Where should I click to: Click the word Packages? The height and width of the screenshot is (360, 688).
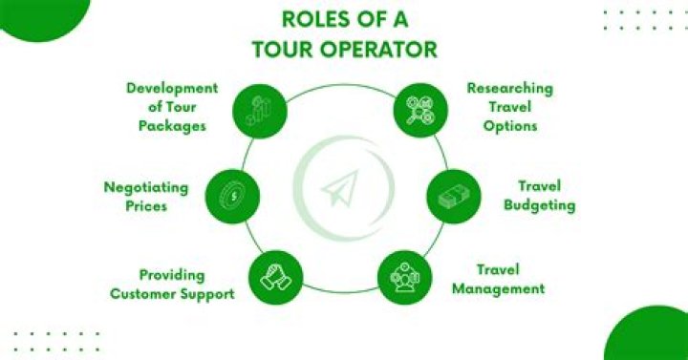[174, 125]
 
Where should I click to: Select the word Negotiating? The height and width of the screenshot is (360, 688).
[146, 187]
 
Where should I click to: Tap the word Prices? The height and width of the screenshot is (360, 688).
[146, 204]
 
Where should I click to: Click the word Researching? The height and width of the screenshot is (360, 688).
[510, 89]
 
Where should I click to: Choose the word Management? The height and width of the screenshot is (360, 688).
[498, 288]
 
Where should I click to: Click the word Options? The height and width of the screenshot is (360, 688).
[510, 125]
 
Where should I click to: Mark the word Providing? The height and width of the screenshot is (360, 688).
[172, 275]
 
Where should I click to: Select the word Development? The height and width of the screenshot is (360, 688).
[172, 89]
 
